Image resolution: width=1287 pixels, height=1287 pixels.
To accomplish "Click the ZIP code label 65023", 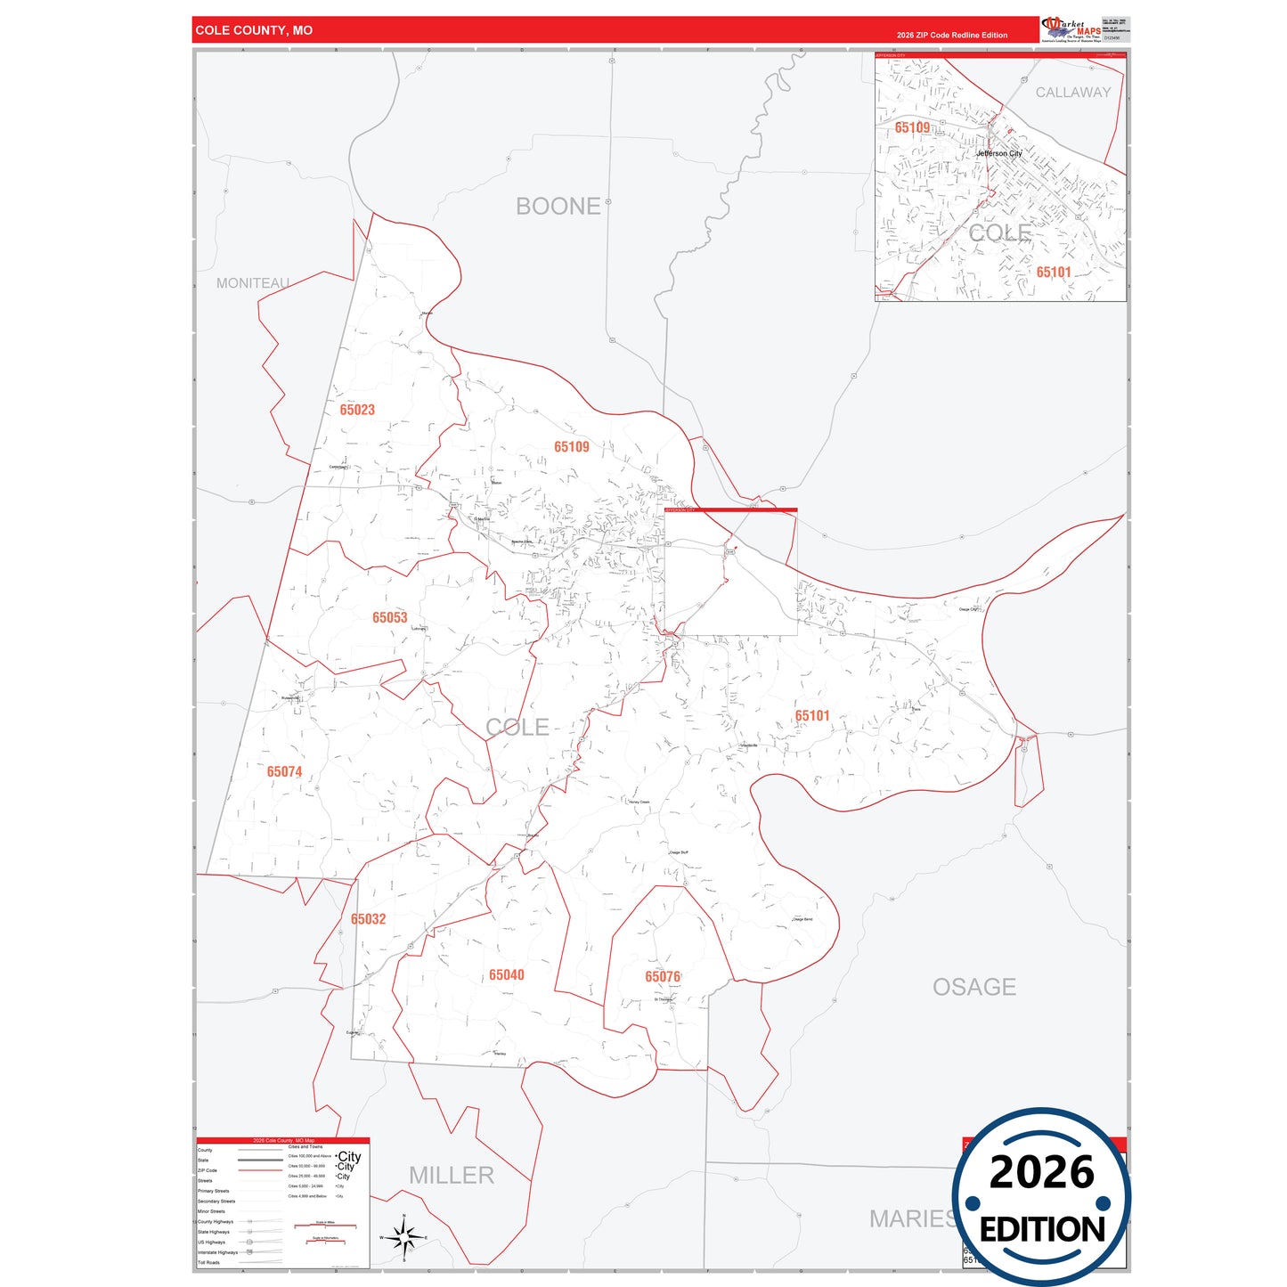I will pyautogui.click(x=357, y=410).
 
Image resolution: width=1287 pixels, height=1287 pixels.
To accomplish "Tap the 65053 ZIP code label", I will pyautogui.click(x=389, y=617).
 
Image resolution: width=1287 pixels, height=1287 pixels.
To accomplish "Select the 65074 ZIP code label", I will pyautogui.click(x=284, y=771).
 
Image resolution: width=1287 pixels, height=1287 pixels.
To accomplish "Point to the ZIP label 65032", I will pyautogui.click(x=368, y=918).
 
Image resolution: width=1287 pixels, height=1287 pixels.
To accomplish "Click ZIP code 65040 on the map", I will pyautogui.click(x=506, y=974).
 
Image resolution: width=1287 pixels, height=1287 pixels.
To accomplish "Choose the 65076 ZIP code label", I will pyautogui.click(x=663, y=976).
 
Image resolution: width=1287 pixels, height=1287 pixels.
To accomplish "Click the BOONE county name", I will pyautogui.click(x=558, y=207).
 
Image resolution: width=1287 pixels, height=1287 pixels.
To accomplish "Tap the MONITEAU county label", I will pyautogui.click(x=253, y=283).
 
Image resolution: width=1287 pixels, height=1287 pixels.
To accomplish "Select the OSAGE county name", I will pyautogui.click(x=973, y=987).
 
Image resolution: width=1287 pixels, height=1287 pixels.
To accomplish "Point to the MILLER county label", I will pyautogui.click(x=451, y=1176).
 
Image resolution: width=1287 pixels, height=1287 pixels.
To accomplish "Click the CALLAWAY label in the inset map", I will pyautogui.click(x=1072, y=93).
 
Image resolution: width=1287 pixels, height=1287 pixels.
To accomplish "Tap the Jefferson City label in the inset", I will pyautogui.click(x=998, y=153).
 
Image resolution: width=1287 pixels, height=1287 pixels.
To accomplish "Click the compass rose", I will pyautogui.click(x=403, y=1237).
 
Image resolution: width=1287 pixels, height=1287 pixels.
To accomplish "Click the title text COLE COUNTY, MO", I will pyautogui.click(x=254, y=30).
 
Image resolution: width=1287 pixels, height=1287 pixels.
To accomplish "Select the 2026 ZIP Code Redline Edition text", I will pyautogui.click(x=951, y=36).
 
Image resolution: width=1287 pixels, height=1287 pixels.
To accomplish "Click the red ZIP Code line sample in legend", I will pyautogui.click(x=260, y=1170).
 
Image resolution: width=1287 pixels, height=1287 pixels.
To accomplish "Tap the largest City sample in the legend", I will pyautogui.click(x=349, y=1156).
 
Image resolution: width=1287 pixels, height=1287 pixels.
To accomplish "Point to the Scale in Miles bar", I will pyautogui.click(x=325, y=1226).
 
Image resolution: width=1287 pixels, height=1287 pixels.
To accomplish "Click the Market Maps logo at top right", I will pyautogui.click(x=1071, y=29).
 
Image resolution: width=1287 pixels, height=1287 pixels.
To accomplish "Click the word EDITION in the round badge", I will pyautogui.click(x=1041, y=1230).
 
